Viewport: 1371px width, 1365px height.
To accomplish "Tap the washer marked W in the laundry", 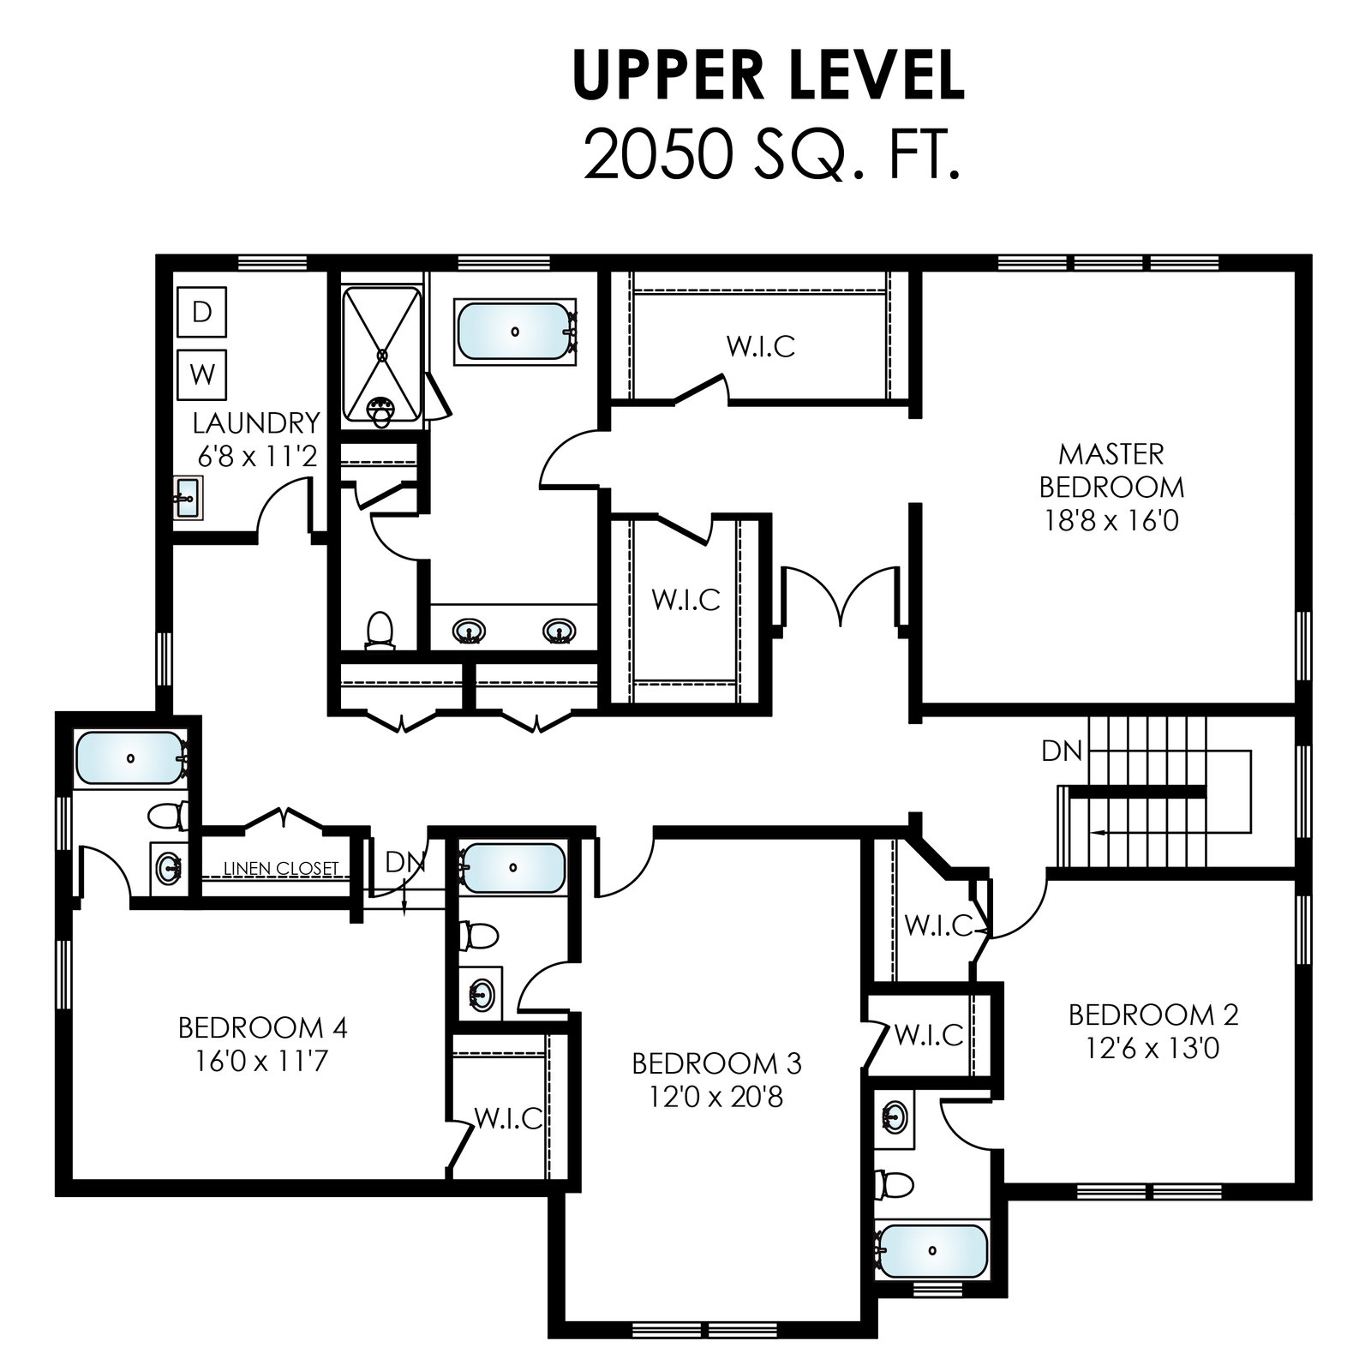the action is point(202,374).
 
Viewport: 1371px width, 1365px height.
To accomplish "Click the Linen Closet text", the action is point(281,868).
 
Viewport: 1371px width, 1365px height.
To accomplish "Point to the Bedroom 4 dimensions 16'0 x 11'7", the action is point(262,1062).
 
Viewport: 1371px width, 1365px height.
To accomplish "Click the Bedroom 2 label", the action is point(1153,1015).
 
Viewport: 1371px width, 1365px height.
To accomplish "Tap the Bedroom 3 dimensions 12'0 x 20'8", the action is point(716,1098).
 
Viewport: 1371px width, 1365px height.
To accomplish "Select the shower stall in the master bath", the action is point(382,356).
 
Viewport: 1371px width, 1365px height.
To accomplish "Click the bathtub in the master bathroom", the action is point(514,331).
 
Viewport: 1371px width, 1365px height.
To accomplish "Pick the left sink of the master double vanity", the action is point(468,632).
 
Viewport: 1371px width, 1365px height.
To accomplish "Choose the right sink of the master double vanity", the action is point(559,632).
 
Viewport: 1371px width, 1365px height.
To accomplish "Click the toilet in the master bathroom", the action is point(378,629).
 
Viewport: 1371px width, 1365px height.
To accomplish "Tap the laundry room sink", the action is point(187,498).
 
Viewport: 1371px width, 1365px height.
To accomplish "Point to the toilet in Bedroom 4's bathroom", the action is point(167,813).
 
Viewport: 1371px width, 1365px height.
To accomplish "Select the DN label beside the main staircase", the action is point(1062,751).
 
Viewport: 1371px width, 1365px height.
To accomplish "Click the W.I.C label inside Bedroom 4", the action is point(508,1118).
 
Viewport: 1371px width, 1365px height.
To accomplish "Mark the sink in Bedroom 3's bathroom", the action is point(482,995).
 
